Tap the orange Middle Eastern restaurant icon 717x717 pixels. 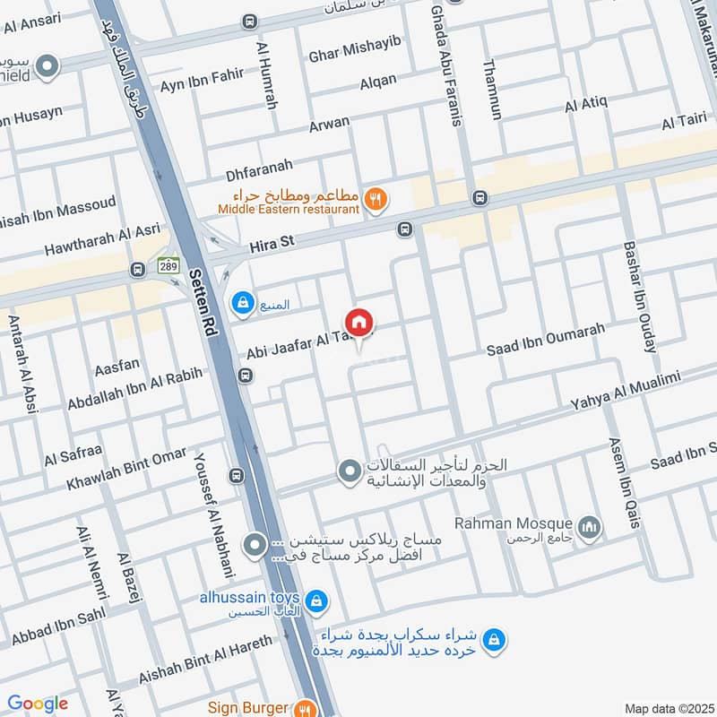(376, 202)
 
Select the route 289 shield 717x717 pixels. (168, 265)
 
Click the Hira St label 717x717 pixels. (272, 241)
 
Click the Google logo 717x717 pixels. (37, 704)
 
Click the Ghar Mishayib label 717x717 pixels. (354, 49)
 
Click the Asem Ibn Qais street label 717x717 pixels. (626, 482)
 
